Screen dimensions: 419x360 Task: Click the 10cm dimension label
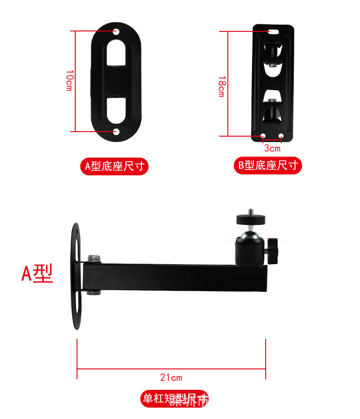click(x=69, y=81)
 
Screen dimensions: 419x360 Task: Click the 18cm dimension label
click(x=221, y=86)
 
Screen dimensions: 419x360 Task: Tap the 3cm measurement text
click(x=272, y=148)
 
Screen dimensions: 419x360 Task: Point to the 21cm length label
click(x=171, y=377)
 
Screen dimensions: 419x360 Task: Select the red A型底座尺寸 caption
click(x=114, y=166)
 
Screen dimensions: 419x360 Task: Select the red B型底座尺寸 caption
click(x=268, y=165)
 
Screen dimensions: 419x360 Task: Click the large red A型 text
click(x=37, y=273)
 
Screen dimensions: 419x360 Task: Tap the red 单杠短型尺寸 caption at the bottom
click(x=175, y=399)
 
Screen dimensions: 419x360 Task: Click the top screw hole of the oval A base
click(x=116, y=32)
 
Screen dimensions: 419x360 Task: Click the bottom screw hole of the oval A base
click(x=116, y=132)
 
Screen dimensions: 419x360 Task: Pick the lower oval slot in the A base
click(x=117, y=109)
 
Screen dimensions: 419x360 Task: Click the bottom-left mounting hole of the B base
click(x=263, y=135)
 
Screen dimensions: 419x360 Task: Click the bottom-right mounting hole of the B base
click(x=281, y=135)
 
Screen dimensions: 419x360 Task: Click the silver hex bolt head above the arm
click(x=94, y=258)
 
